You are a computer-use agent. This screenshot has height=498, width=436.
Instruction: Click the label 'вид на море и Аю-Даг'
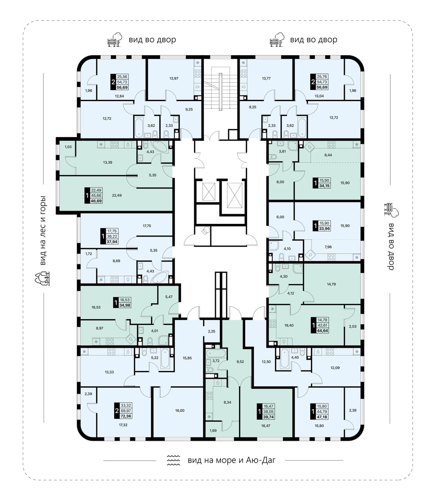pyautogui.click(x=231, y=460)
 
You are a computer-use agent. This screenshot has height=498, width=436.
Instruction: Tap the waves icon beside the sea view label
pyautogui.click(x=173, y=460)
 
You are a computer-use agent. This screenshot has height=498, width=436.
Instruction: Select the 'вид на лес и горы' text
pyautogui.click(x=43, y=231)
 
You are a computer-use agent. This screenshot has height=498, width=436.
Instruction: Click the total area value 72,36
pyautogui.click(x=126, y=416)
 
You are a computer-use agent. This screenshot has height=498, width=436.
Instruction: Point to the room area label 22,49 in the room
pyautogui.click(x=117, y=195)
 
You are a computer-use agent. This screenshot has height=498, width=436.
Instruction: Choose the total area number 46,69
pyautogui.click(x=96, y=201)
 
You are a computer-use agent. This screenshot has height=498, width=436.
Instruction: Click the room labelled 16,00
pyautogui.click(x=179, y=410)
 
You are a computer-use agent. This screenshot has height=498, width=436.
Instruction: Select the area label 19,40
pyautogui.click(x=289, y=325)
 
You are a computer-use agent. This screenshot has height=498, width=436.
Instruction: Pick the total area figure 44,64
pyautogui.click(x=322, y=330)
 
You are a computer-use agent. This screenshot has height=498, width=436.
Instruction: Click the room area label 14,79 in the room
pyautogui.click(x=331, y=284)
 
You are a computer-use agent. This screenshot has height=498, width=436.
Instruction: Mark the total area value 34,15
pyautogui.click(x=324, y=186)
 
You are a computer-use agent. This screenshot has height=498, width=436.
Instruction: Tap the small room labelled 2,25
pyautogui.click(x=211, y=331)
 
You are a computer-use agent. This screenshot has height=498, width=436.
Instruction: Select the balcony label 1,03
pyautogui.click(x=68, y=147)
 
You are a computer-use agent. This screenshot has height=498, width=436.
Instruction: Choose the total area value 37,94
pyautogui.click(x=112, y=242)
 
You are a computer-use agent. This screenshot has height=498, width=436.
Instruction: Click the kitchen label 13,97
pyautogui.click(x=174, y=79)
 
